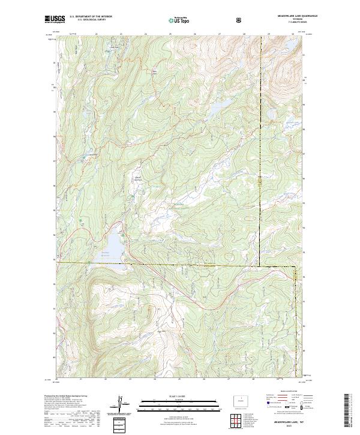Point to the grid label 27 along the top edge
pos(219,34)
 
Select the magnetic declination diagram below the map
pos(124,403)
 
